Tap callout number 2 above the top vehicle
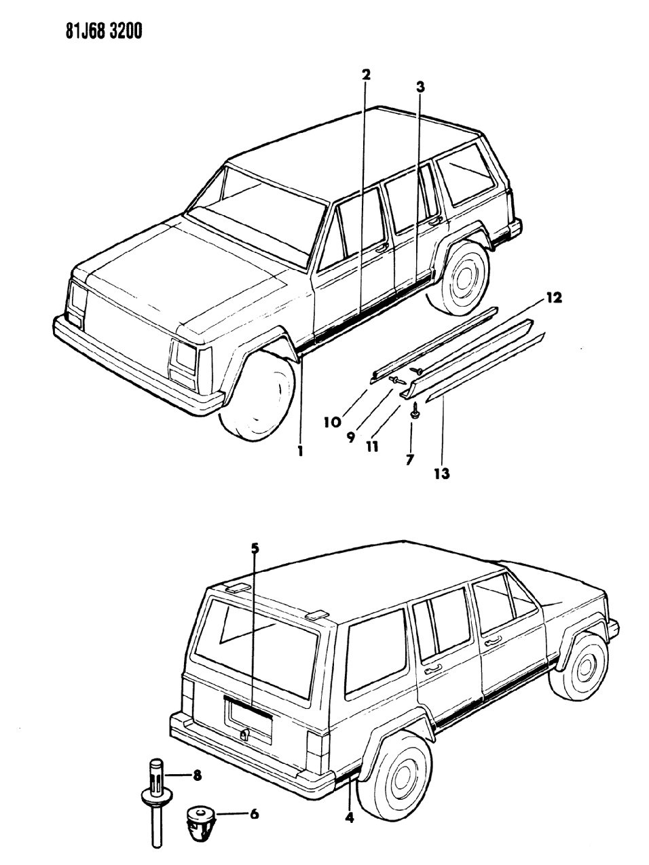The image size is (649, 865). (366, 75)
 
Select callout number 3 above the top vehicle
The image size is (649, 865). (420, 86)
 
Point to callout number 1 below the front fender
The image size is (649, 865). (299, 450)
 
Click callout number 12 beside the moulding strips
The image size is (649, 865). (554, 298)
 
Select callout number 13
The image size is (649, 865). (442, 473)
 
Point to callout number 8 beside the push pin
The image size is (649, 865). (198, 775)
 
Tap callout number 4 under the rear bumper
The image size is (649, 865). (349, 818)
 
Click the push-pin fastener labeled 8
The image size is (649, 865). (155, 801)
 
